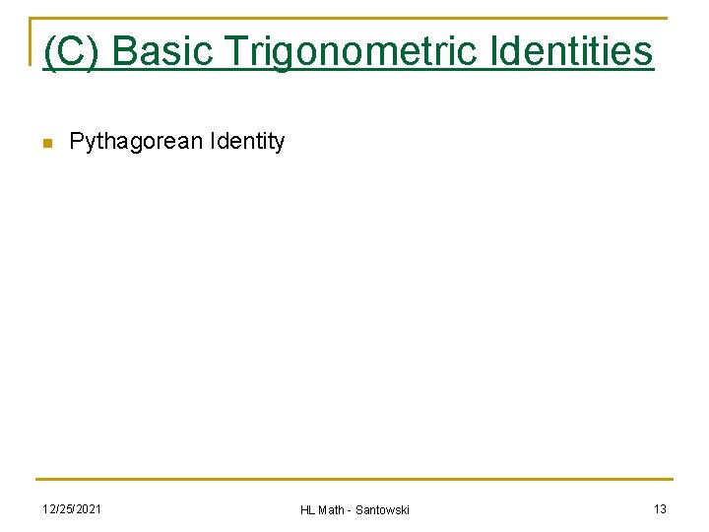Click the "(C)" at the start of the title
72,51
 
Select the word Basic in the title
161,51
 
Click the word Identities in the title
579,51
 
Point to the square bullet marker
45,144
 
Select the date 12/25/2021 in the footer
71,508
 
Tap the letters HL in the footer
307,509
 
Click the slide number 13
660,508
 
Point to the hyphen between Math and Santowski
352,510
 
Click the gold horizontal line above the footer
354,480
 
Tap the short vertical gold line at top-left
31,40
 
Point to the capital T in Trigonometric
236,51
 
